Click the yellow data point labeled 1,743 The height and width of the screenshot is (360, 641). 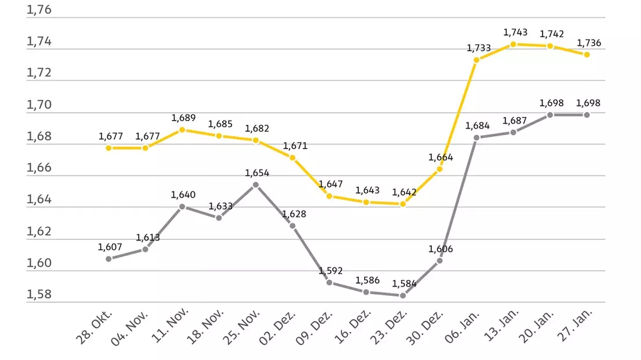tap(513, 44)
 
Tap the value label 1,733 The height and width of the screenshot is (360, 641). tap(478, 48)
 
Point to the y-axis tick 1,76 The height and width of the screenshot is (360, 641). tap(39, 9)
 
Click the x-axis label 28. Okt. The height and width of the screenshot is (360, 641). tap(94, 327)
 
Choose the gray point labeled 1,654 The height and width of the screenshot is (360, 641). tap(256, 185)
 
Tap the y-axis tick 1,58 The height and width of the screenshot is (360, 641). tap(39, 294)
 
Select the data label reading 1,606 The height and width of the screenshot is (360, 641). tap(441, 249)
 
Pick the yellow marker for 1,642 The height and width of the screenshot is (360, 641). tap(403, 204)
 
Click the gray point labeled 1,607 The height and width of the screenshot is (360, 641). tap(109, 259)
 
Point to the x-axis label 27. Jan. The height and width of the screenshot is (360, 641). tap(575, 325)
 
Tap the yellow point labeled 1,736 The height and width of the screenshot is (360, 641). tap(587, 55)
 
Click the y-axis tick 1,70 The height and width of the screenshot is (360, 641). tap(39, 105)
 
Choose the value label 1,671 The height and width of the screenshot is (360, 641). tap(295, 146)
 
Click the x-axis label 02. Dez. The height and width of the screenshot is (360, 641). tap(277, 328)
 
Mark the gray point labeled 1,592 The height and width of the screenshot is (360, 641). tap(329, 283)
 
